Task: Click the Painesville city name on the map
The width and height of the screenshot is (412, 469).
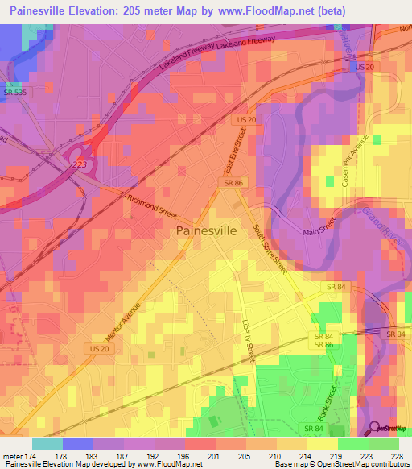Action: (x=206, y=230)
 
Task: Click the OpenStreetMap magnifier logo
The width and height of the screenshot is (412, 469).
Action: (x=375, y=429)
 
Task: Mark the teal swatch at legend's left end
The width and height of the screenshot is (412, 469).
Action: (x=47, y=444)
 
